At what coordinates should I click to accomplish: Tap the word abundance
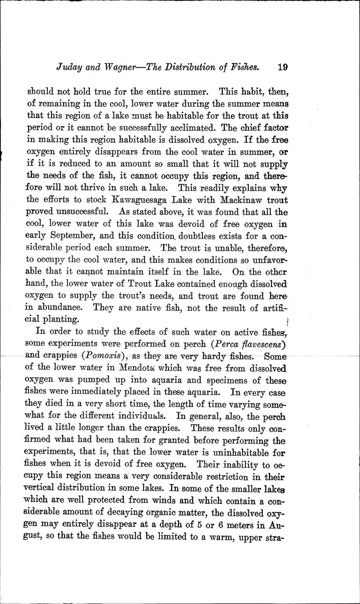pyautogui.click(x=61, y=308)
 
